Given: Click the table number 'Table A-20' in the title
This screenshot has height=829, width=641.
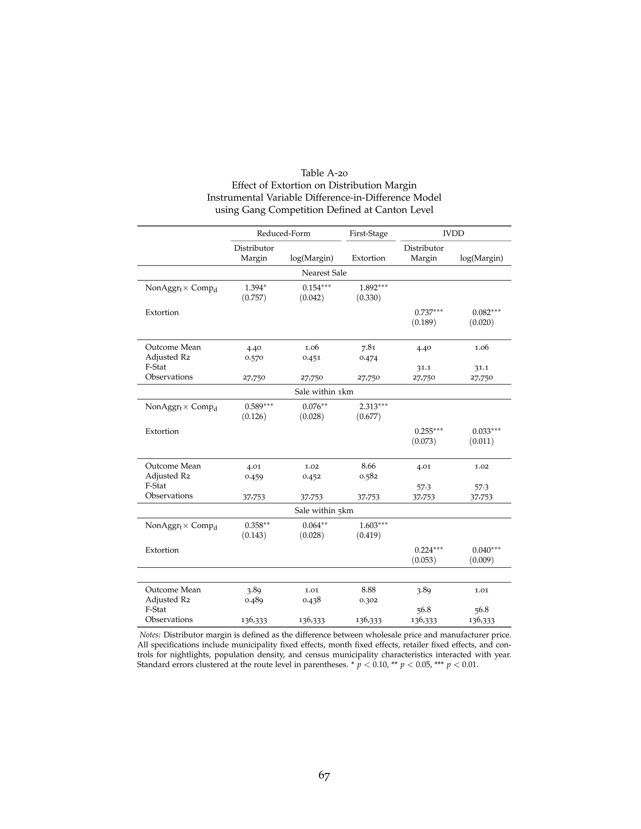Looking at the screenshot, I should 324,173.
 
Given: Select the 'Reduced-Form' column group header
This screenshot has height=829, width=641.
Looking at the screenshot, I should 283,233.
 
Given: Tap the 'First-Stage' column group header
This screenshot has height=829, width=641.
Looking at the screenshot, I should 368,233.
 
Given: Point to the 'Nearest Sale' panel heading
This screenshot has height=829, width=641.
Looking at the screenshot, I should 324,273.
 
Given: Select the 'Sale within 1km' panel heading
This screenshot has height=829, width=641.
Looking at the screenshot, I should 324,392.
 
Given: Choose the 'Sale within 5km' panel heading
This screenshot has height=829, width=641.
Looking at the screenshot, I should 324,511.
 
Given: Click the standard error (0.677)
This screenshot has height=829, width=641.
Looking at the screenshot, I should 368,417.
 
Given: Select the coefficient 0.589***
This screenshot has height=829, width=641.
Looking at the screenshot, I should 259,407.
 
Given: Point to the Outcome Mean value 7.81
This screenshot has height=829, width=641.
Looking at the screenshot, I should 368,347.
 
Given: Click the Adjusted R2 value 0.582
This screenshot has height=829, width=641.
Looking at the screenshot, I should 368,476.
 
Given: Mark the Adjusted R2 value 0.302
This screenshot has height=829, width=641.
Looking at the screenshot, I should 368,600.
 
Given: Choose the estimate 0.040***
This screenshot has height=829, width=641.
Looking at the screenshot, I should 486,550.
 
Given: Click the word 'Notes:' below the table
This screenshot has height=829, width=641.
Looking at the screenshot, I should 150,635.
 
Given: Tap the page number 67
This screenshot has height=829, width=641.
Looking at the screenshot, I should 324,776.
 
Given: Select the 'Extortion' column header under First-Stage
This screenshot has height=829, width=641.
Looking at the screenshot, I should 368,258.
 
